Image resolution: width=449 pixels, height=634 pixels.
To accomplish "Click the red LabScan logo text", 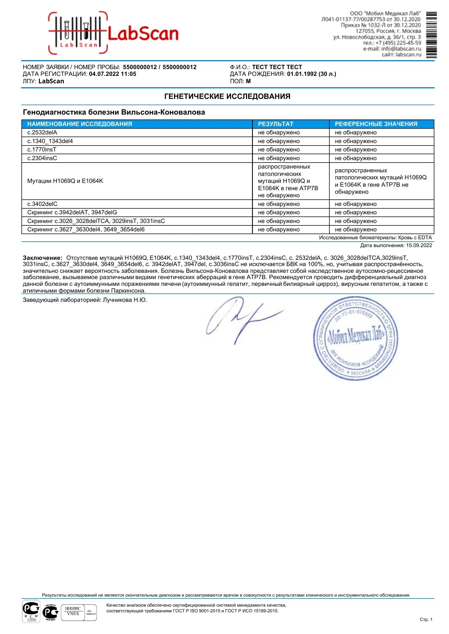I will coord(143,34).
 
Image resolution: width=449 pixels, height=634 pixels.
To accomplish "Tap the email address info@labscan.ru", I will coord(401,49).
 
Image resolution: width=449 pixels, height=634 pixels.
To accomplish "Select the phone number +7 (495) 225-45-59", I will coord(398,43).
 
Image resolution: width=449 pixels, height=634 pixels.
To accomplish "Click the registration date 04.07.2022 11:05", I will coord(113,74).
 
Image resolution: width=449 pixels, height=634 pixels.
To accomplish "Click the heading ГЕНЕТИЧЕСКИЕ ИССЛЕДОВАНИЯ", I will coord(227,96).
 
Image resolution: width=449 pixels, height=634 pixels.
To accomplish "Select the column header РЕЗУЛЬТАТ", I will coord(275,124).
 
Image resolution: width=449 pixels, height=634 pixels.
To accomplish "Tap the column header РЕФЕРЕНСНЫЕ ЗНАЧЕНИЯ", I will coord(376,124).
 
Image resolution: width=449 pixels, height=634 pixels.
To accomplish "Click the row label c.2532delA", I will coord(42,132).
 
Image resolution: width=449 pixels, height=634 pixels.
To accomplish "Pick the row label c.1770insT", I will coord(42,150).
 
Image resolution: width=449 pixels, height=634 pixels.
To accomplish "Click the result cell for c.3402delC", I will coord(279,204).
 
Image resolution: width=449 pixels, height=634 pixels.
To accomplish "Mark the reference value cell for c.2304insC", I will coord(356,158).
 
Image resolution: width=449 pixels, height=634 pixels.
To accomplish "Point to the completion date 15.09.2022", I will coord(419,245).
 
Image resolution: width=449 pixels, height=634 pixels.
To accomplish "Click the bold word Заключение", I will coord(42,258).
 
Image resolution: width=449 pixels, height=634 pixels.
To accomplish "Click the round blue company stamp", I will coord(355,338).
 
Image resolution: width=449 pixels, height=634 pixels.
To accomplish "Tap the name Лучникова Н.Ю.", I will coord(125,300).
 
